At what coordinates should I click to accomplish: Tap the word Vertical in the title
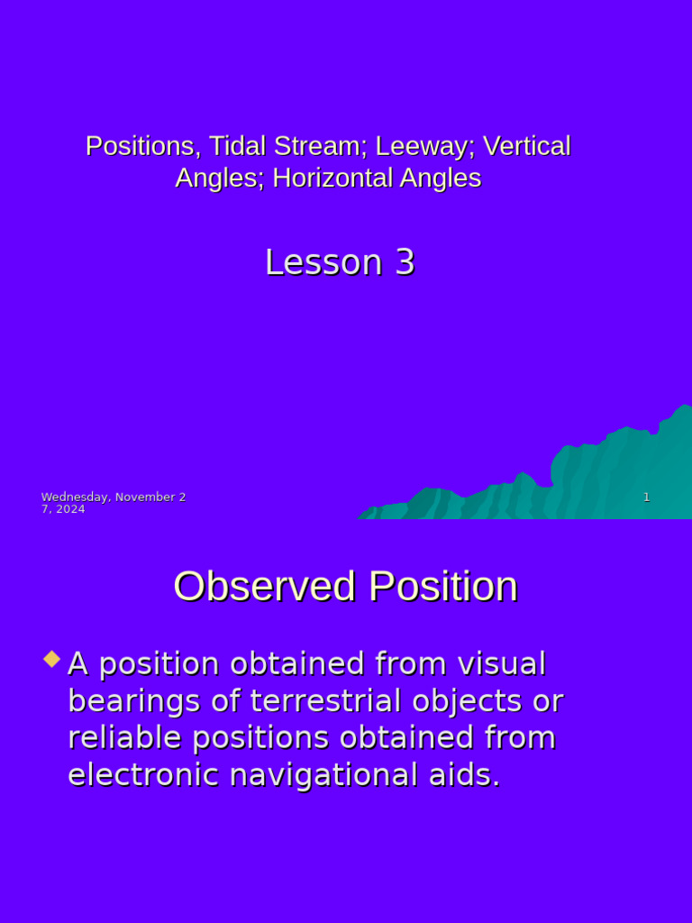(527, 146)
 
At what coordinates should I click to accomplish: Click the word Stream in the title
(320, 146)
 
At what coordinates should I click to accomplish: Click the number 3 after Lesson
(405, 262)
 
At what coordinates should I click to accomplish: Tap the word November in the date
(144, 498)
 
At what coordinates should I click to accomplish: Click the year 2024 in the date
(69, 509)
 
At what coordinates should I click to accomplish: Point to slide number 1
(646, 498)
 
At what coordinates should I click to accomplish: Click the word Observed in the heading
(265, 587)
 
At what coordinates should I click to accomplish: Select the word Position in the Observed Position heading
(442, 587)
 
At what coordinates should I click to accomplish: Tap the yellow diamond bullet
(52, 660)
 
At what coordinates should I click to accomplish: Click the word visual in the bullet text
(502, 664)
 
